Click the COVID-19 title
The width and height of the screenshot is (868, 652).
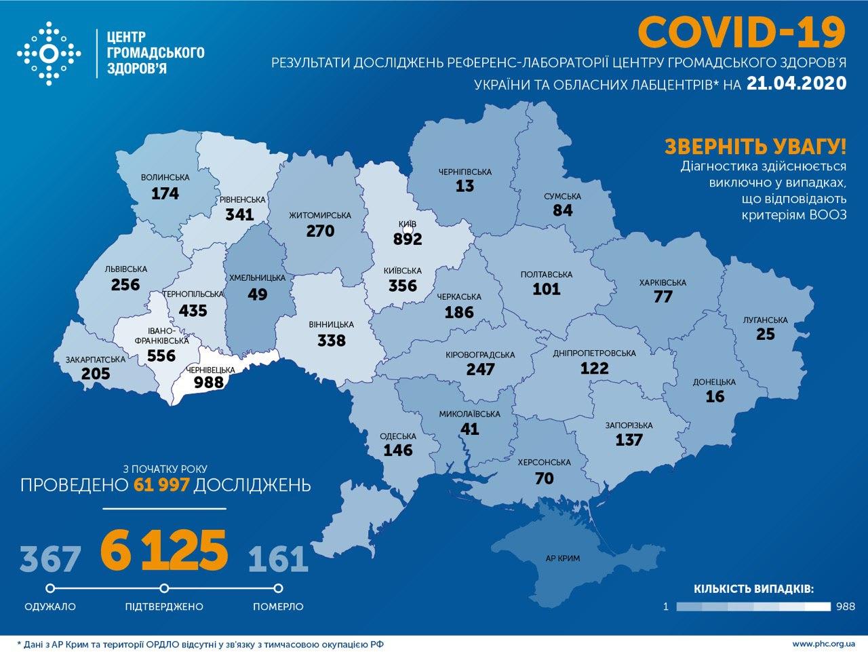pyautogui.click(x=742, y=32)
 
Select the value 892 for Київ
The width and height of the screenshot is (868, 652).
pyautogui.click(x=407, y=239)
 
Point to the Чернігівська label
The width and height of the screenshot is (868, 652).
pyautogui.click(x=465, y=172)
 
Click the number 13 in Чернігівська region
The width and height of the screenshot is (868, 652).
pyautogui.click(x=465, y=187)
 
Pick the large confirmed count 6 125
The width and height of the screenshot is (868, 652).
pyautogui.click(x=163, y=550)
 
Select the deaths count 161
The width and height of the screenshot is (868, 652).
pyautogui.click(x=278, y=558)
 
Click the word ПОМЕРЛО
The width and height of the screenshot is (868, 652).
pyautogui.click(x=278, y=606)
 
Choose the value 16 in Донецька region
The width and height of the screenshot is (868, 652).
pyautogui.click(x=715, y=397)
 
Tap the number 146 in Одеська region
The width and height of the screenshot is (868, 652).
pyautogui.click(x=398, y=450)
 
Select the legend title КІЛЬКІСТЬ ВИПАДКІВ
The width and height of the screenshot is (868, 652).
pyautogui.click(x=753, y=588)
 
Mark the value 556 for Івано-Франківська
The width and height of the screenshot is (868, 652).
pyautogui.click(x=161, y=356)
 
